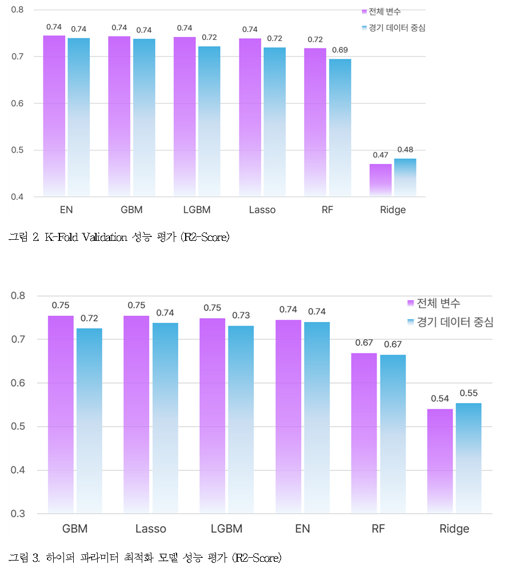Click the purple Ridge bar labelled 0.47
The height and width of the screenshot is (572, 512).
(381, 180)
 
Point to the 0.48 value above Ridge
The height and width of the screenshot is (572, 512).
(405, 150)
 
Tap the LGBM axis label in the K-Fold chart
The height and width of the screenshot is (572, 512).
(197, 210)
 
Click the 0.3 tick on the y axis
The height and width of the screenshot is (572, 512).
(18, 514)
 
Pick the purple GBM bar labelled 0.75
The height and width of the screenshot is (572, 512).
(61, 414)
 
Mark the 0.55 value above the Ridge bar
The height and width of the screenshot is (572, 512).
(469, 393)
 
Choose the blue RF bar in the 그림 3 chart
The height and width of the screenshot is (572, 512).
(393, 434)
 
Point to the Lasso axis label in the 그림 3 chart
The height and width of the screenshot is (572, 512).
(151, 529)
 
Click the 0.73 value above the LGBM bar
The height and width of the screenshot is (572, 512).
(241, 315)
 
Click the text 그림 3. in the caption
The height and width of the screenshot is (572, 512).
(23, 557)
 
